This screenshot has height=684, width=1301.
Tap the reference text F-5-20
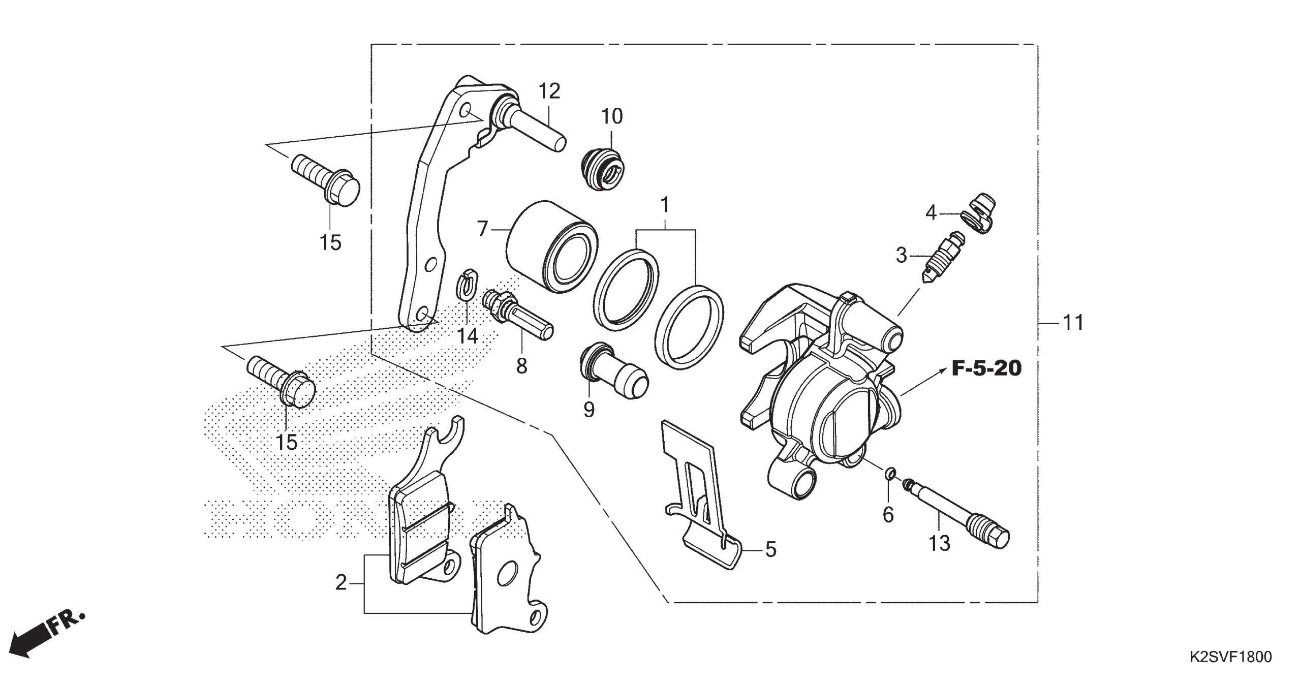pos(986,368)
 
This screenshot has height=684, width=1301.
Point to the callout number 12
pos(549,91)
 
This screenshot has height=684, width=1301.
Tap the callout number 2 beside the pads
pos(340,582)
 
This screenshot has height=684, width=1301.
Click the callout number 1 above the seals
pos(664,206)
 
